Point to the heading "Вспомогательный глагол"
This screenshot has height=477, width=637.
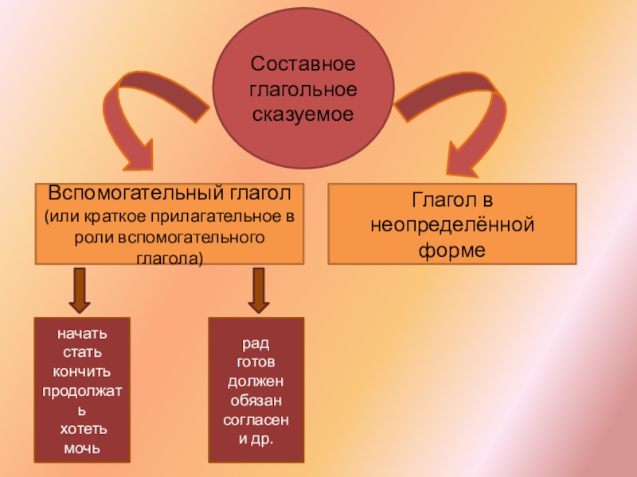[x=170, y=194]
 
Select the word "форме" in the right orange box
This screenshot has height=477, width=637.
[x=451, y=250]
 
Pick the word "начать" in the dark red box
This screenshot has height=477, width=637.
[x=82, y=333]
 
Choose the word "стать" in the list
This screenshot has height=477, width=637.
[x=82, y=352]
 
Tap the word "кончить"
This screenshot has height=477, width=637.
[x=82, y=371]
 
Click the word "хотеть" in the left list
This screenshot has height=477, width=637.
[x=82, y=429]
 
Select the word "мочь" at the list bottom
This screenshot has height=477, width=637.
[x=82, y=448]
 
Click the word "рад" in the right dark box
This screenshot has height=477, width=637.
[x=256, y=343]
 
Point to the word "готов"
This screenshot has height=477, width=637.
[x=256, y=363]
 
